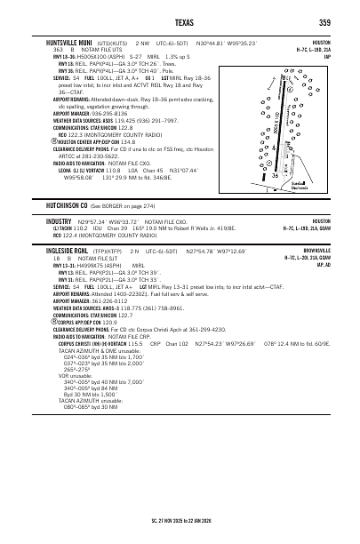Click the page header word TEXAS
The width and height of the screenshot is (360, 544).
point(179,22)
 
